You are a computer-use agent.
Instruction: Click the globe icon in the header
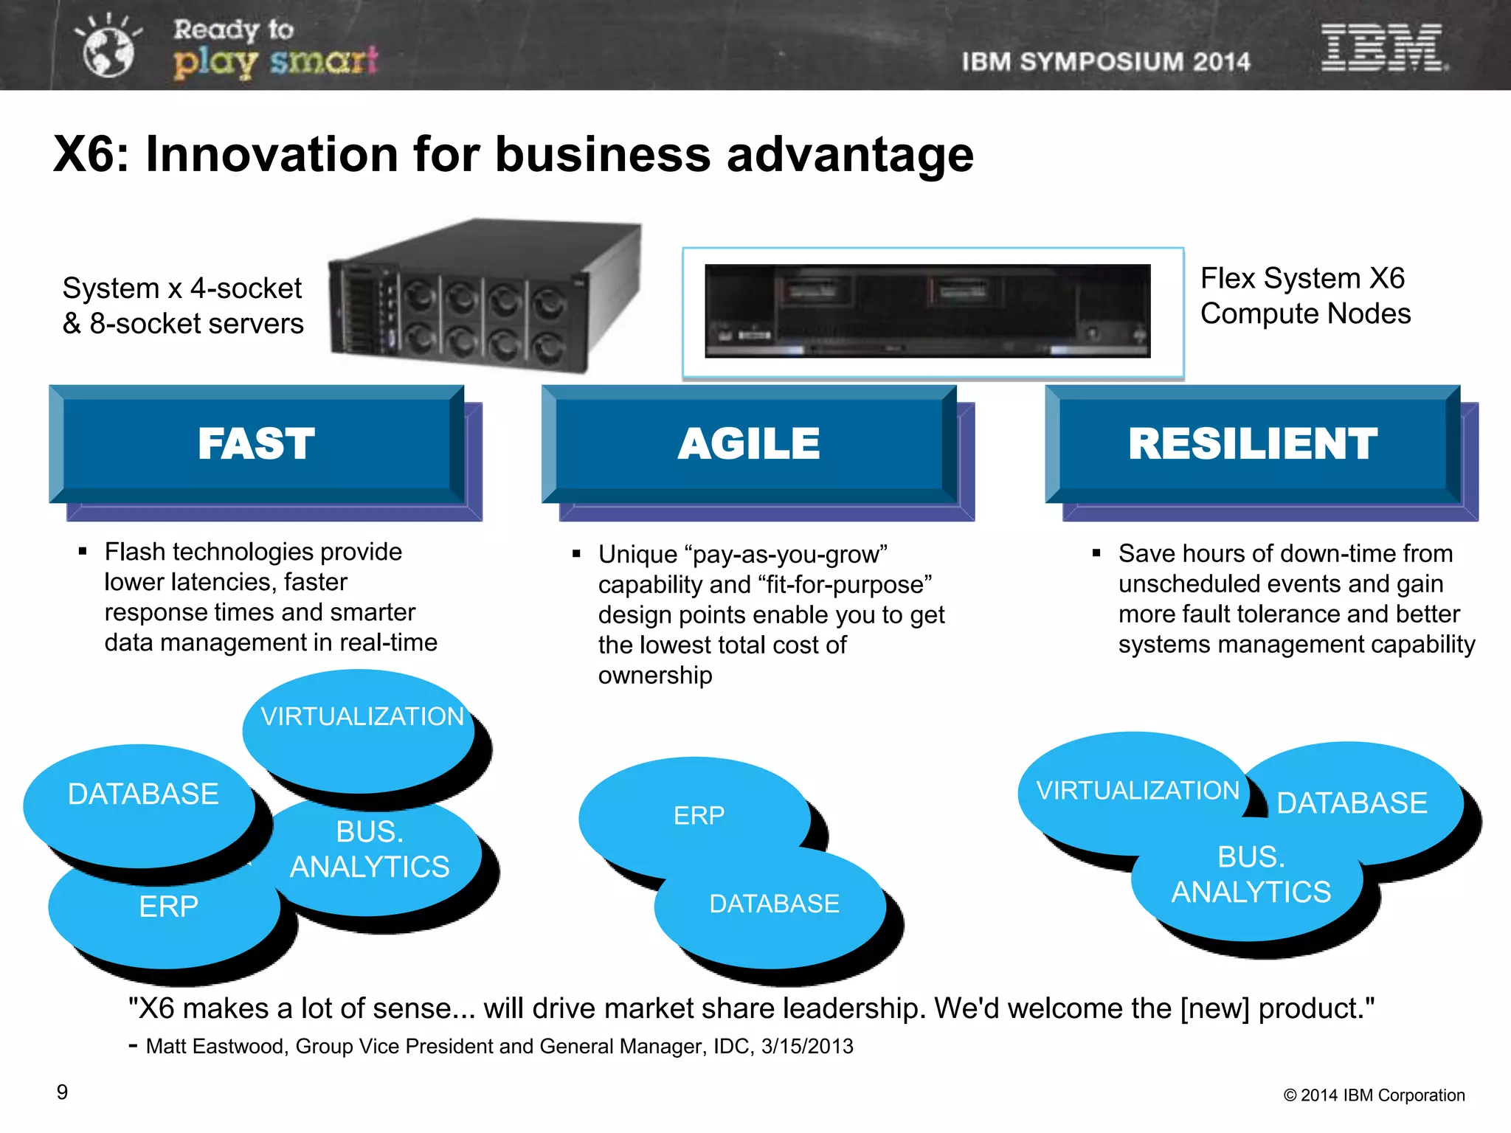click(108, 50)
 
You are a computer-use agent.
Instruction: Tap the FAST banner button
click(256, 444)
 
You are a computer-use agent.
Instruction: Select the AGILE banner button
click(749, 444)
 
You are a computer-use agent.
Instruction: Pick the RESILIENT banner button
click(1252, 444)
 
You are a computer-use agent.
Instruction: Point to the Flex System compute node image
click(927, 311)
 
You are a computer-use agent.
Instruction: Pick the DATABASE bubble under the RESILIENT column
click(1352, 803)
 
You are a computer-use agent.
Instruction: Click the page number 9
click(63, 1092)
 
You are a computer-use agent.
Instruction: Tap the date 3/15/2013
click(807, 1047)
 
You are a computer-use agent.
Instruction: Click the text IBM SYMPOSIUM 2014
click(1106, 62)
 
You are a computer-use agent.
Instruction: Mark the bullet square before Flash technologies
click(83, 552)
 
